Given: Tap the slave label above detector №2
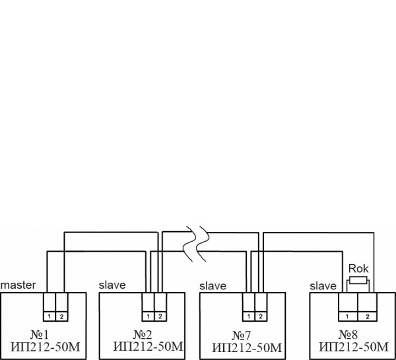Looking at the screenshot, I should pos(112,285).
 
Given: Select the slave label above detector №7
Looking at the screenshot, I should pos(213,286).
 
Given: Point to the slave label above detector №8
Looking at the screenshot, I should pos(323,285).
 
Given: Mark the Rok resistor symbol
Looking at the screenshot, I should pos(358,281).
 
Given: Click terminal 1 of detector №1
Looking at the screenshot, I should pos(49,316).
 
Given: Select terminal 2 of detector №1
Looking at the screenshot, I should pos(61,316).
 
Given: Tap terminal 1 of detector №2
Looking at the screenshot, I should pos(148,316).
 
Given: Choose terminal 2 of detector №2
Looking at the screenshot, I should pos(160,316).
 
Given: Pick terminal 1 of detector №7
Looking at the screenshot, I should pos(248,316).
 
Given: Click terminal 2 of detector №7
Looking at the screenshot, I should pos(260,316).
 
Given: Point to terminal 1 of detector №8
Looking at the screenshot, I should pos(348,317).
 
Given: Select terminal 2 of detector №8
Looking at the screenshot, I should pos(368,317).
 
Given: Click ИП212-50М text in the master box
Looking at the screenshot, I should pos(45,346).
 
